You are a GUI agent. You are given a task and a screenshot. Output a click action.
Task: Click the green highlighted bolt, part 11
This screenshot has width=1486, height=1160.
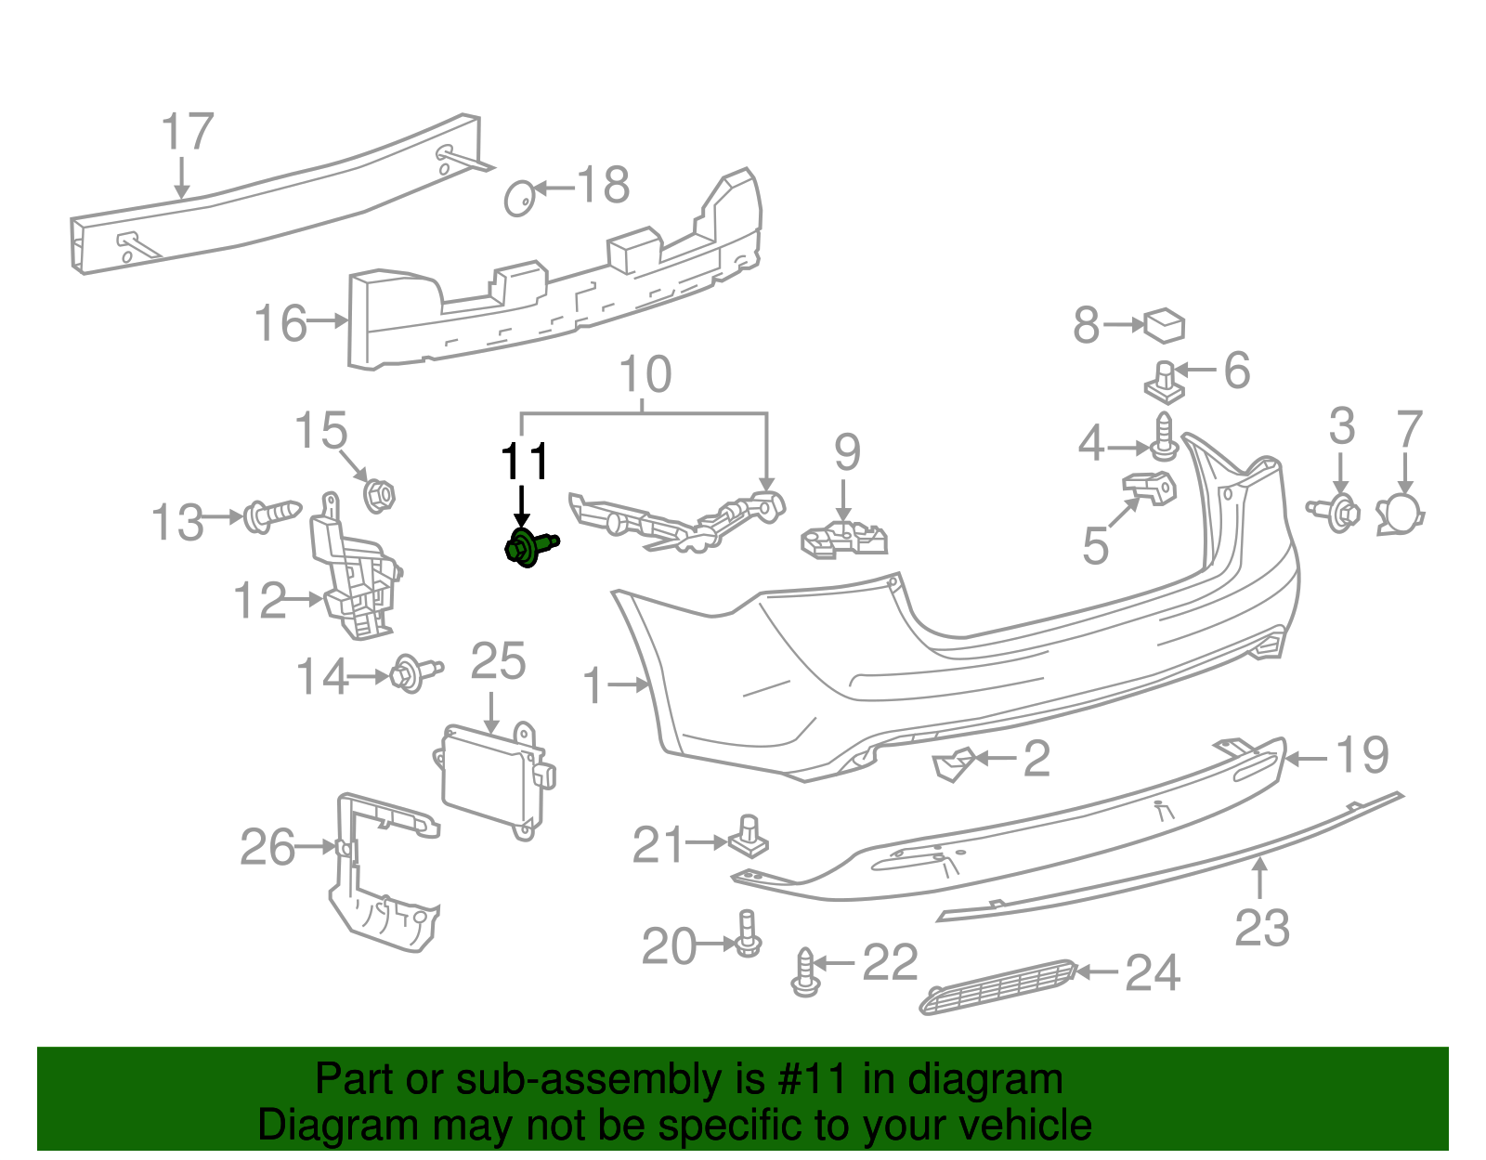click(x=530, y=547)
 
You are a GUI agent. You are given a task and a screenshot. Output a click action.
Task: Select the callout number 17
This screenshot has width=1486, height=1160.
click(x=188, y=132)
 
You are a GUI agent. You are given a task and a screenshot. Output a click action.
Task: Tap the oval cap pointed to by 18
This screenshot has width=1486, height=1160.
click(x=519, y=198)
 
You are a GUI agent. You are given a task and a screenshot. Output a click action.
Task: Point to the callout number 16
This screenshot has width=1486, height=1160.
click(x=280, y=322)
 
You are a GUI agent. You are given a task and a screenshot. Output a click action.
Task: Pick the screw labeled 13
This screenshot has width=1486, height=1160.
click(x=271, y=516)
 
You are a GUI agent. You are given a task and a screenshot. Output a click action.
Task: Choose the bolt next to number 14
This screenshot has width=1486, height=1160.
click(x=415, y=673)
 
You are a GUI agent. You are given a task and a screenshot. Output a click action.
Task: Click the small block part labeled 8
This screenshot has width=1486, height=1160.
click(x=1164, y=326)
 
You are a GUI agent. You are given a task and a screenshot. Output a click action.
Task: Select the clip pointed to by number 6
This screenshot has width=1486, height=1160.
click(x=1165, y=383)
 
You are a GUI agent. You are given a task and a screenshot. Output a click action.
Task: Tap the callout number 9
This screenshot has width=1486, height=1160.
click(x=847, y=452)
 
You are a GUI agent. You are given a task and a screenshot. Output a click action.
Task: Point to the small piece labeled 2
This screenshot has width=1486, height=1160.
click(x=953, y=764)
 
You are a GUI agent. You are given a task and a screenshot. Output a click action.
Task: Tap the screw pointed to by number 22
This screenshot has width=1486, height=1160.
click(x=805, y=972)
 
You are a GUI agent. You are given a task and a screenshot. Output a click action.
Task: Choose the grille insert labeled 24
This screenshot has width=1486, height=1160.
click(x=998, y=987)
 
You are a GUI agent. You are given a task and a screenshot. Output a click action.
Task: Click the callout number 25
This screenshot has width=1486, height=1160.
click(x=498, y=661)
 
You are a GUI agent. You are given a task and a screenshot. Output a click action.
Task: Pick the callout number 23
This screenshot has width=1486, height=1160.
click(x=1261, y=928)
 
